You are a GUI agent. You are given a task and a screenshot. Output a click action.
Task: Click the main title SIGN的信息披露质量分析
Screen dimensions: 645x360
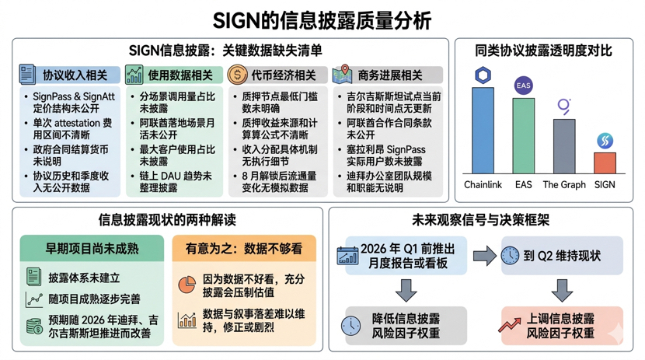click(x=322, y=19)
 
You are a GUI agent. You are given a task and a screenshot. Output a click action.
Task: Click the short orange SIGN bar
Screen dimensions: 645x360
click(x=605, y=163)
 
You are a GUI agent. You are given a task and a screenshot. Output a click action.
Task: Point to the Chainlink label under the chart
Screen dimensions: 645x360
click(x=483, y=184)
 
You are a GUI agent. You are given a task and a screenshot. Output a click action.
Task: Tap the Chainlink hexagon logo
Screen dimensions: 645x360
click(x=483, y=75)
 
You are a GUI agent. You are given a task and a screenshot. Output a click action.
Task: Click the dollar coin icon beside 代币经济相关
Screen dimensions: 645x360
click(x=238, y=75)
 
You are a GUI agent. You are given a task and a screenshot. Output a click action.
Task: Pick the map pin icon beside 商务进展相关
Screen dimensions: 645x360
click(x=343, y=75)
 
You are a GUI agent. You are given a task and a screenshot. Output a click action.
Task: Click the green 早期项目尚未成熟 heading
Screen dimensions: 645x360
click(x=92, y=249)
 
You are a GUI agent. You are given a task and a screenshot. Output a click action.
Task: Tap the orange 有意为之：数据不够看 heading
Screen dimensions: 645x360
click(x=243, y=249)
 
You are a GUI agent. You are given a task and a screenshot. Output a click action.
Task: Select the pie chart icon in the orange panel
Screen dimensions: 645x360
click(x=187, y=285)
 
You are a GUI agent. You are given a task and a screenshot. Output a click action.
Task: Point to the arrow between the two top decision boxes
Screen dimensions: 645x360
click(x=483, y=255)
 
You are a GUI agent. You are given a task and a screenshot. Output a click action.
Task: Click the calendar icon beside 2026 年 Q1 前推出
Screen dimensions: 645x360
click(x=347, y=255)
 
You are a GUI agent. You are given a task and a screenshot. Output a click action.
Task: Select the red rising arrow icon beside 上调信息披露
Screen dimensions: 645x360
click(x=511, y=325)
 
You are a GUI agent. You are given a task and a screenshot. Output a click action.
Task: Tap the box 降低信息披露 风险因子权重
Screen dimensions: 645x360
click(x=404, y=325)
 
